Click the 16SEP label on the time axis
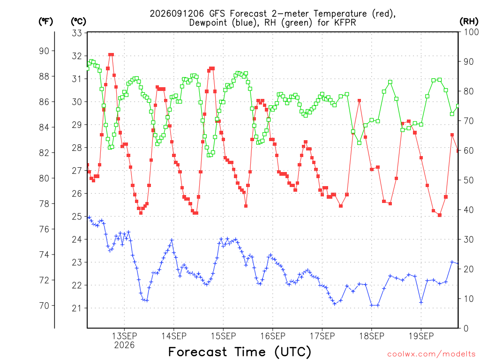(273, 336)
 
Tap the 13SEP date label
(124, 336)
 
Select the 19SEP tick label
(421, 336)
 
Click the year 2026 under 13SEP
(124, 345)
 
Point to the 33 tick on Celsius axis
(77, 33)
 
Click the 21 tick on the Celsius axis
(77, 308)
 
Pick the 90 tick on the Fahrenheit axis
(44, 51)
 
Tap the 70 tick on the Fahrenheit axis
(44, 306)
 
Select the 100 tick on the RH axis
(472, 32)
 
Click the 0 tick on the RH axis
(466, 329)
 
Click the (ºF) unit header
(45, 22)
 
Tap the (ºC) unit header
(78, 22)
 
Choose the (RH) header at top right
(469, 22)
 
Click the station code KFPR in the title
(344, 22)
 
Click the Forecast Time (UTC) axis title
(240, 352)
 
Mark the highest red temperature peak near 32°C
(111, 55)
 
